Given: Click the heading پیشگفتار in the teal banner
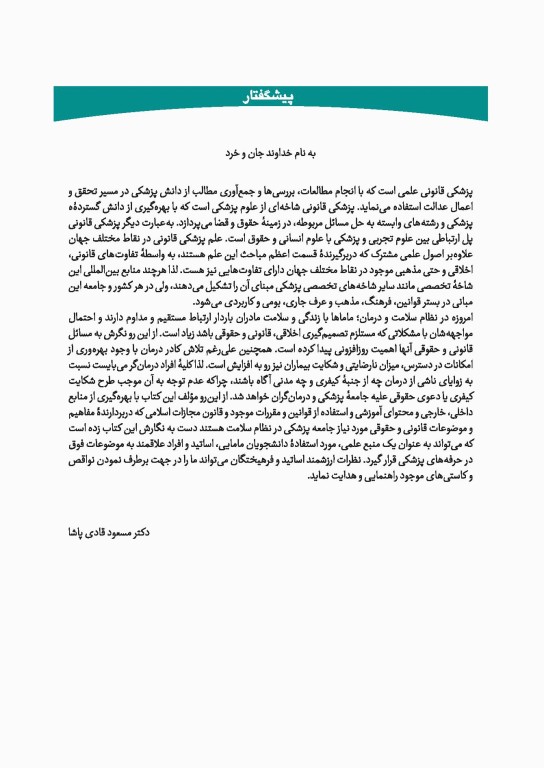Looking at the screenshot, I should tap(272, 97).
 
